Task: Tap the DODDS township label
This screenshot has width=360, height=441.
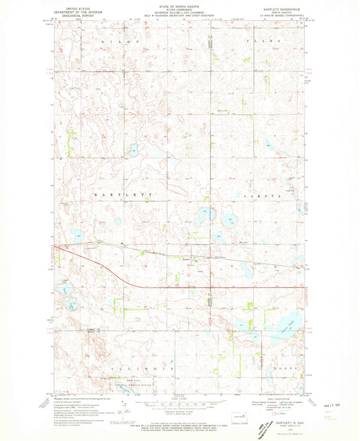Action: pyautogui.click(x=280, y=370)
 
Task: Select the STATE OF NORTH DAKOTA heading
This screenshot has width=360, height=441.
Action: pyautogui.click(x=180, y=4)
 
